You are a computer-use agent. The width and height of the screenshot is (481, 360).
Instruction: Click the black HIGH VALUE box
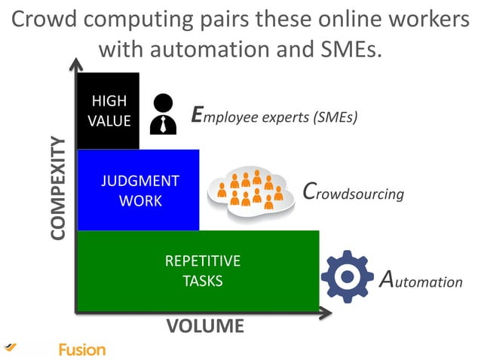[109, 111]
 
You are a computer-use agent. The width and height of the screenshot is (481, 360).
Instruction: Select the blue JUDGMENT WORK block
[139, 190]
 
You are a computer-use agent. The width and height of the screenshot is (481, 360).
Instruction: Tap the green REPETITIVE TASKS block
[198, 271]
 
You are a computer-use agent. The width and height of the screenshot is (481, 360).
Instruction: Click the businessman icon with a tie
[162, 114]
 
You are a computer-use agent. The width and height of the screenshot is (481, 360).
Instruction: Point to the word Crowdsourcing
[353, 192]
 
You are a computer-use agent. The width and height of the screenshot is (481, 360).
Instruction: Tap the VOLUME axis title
[205, 326]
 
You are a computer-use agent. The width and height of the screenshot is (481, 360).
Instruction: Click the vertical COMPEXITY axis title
[59, 188]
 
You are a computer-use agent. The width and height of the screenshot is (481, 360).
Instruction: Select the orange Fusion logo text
[82, 349]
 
